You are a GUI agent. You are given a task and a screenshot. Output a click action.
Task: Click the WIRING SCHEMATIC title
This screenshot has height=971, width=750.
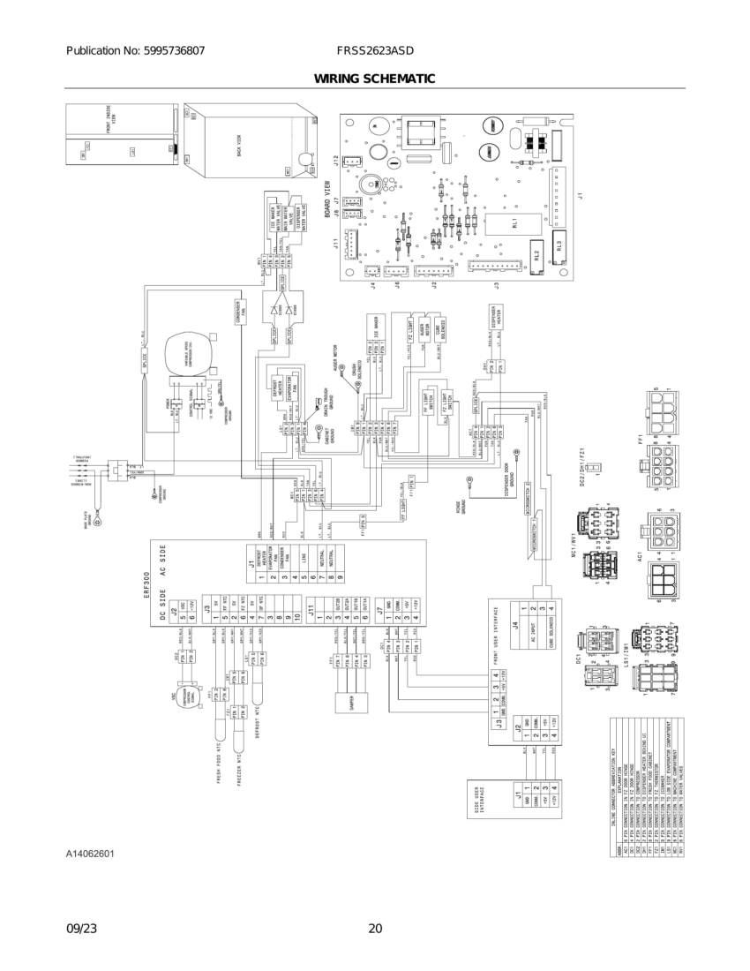point(374,79)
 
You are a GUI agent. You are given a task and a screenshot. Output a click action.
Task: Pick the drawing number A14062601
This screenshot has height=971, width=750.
point(89,854)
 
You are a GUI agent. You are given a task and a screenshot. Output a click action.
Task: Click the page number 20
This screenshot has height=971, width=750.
point(375,928)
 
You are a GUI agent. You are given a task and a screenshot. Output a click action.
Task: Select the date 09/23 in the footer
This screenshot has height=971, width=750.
point(80,928)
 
